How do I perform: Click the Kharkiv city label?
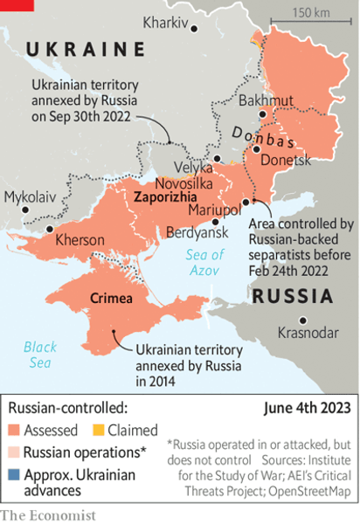pos(165,22)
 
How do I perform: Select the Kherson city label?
pos(80,239)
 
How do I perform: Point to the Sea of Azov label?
pos(205,263)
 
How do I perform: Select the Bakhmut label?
pos(262,100)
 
